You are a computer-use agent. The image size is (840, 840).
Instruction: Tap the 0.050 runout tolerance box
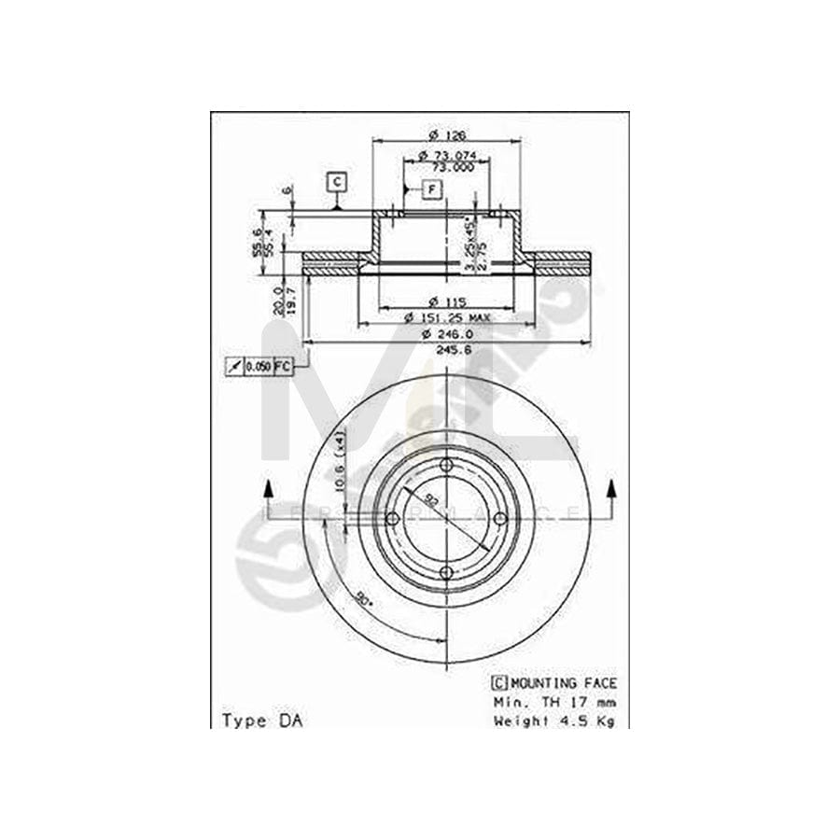pos(258,367)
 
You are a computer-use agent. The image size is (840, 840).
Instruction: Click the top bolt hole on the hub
pos(446,466)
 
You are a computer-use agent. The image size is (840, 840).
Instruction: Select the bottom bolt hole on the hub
pos(446,571)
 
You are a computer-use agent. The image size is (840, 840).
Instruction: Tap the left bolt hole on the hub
pos(393,519)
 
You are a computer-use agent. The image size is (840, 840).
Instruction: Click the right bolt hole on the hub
pos(499,519)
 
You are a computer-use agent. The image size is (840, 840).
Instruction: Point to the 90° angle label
pos(363,597)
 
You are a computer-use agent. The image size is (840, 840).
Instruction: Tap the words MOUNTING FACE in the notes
pos(563,684)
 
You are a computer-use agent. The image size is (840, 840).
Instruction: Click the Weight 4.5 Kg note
pos(553,720)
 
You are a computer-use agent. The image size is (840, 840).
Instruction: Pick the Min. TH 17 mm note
pos(553,702)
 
